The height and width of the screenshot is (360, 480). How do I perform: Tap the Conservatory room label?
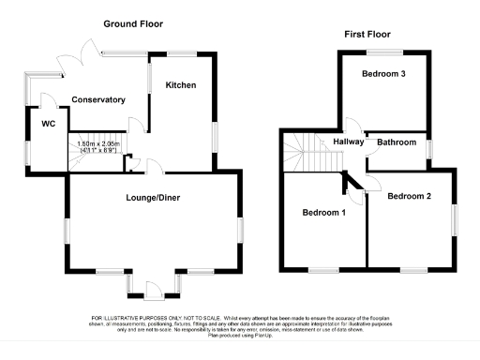tap(101, 99)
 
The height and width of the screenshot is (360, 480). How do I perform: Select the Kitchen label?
tap(181, 85)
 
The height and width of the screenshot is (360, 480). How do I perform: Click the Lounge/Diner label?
tap(153, 198)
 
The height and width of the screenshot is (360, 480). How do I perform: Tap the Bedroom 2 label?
tap(410, 196)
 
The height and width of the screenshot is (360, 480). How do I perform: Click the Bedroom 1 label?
tap(324, 213)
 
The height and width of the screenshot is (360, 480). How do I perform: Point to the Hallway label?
tap(348, 142)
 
